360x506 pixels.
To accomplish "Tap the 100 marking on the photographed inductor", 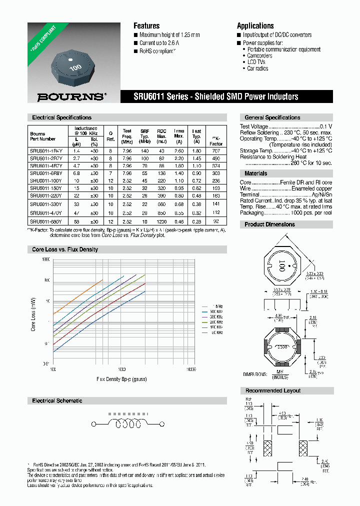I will pyautogui.click(x=75, y=67).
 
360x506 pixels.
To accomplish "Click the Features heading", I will pyautogui.click(x=146, y=26).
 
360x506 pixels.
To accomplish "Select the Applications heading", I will pyautogui.click(x=255, y=26).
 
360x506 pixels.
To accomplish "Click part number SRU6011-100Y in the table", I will pyautogui.click(x=45, y=180).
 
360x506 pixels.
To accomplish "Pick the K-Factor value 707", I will pyautogui.click(x=215, y=150).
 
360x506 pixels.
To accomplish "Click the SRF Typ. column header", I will pyautogui.click(x=145, y=135).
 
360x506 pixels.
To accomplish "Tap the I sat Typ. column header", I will pyautogui.click(x=197, y=135).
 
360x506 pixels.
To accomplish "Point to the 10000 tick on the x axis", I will pyautogui.click(x=190, y=369).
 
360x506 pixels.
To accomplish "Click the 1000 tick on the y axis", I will pyautogui.click(x=46, y=259).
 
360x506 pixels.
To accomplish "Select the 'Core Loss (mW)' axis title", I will pyautogui.click(x=34, y=312).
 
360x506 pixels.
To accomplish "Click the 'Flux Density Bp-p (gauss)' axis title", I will pyautogui.click(x=122, y=379).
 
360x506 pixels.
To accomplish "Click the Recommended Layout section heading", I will pyautogui.click(x=272, y=390).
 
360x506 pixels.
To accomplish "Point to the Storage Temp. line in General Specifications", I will pyautogui.click(x=285, y=150).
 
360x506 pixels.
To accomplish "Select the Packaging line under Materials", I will pyautogui.click(x=285, y=212).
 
